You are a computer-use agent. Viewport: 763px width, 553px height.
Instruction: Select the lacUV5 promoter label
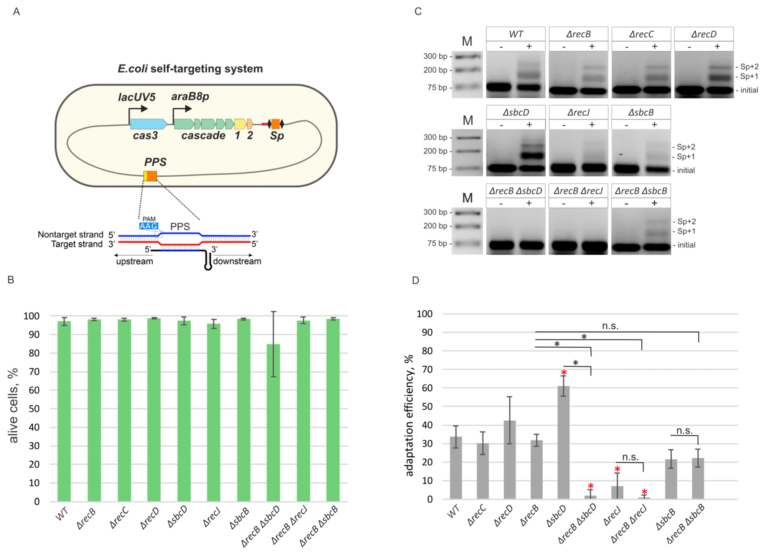point(137,97)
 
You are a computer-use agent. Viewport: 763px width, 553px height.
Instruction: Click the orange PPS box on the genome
point(152,176)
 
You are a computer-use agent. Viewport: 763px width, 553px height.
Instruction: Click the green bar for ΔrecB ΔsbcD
point(273,422)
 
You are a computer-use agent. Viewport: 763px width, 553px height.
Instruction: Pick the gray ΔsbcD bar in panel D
point(563,443)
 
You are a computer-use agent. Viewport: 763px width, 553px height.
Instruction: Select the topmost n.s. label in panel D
point(610,326)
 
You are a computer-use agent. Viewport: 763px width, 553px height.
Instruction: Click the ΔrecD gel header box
point(704,34)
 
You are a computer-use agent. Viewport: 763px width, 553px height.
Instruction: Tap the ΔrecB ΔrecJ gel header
point(578,191)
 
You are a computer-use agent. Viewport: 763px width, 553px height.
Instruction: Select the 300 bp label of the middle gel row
point(435,137)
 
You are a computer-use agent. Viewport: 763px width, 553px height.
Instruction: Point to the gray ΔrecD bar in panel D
point(510,459)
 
